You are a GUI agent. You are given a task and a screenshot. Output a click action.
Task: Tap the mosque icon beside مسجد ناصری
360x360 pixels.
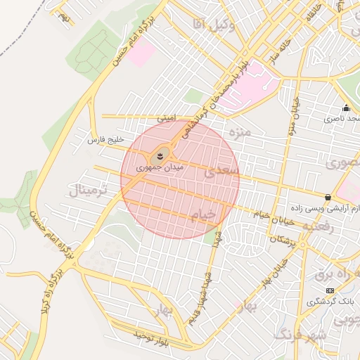pyautogui.click(x=346, y=108)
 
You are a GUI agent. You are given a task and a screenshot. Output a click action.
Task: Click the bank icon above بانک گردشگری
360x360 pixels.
pyautogui.click(x=330, y=290)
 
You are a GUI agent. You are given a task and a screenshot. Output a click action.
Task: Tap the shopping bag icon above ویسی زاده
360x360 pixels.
pyautogui.click(x=328, y=198)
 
